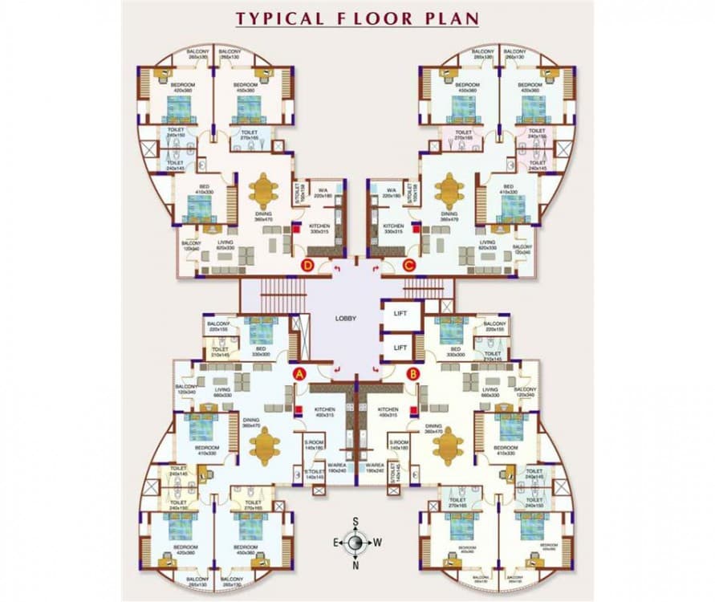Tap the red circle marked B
tap(412, 372)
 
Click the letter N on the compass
tap(355, 565)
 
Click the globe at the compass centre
tap(355, 543)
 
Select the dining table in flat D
tap(263, 191)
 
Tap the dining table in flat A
tap(263, 446)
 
